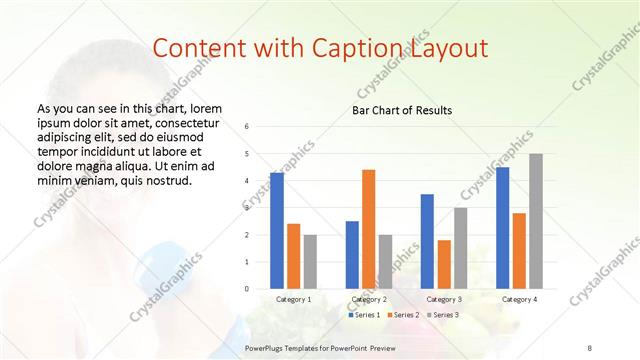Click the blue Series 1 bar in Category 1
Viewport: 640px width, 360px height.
tap(277, 230)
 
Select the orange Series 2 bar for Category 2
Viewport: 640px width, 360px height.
tap(368, 229)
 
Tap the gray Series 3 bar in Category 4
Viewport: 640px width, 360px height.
tap(536, 221)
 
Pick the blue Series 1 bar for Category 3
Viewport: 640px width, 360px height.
tap(427, 241)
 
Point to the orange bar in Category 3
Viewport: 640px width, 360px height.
tap(444, 264)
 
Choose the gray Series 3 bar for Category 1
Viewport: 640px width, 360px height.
tap(310, 261)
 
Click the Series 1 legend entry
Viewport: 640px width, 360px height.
tap(363, 315)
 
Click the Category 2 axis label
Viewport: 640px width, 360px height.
tap(369, 299)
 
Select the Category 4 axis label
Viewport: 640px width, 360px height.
tap(518, 299)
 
